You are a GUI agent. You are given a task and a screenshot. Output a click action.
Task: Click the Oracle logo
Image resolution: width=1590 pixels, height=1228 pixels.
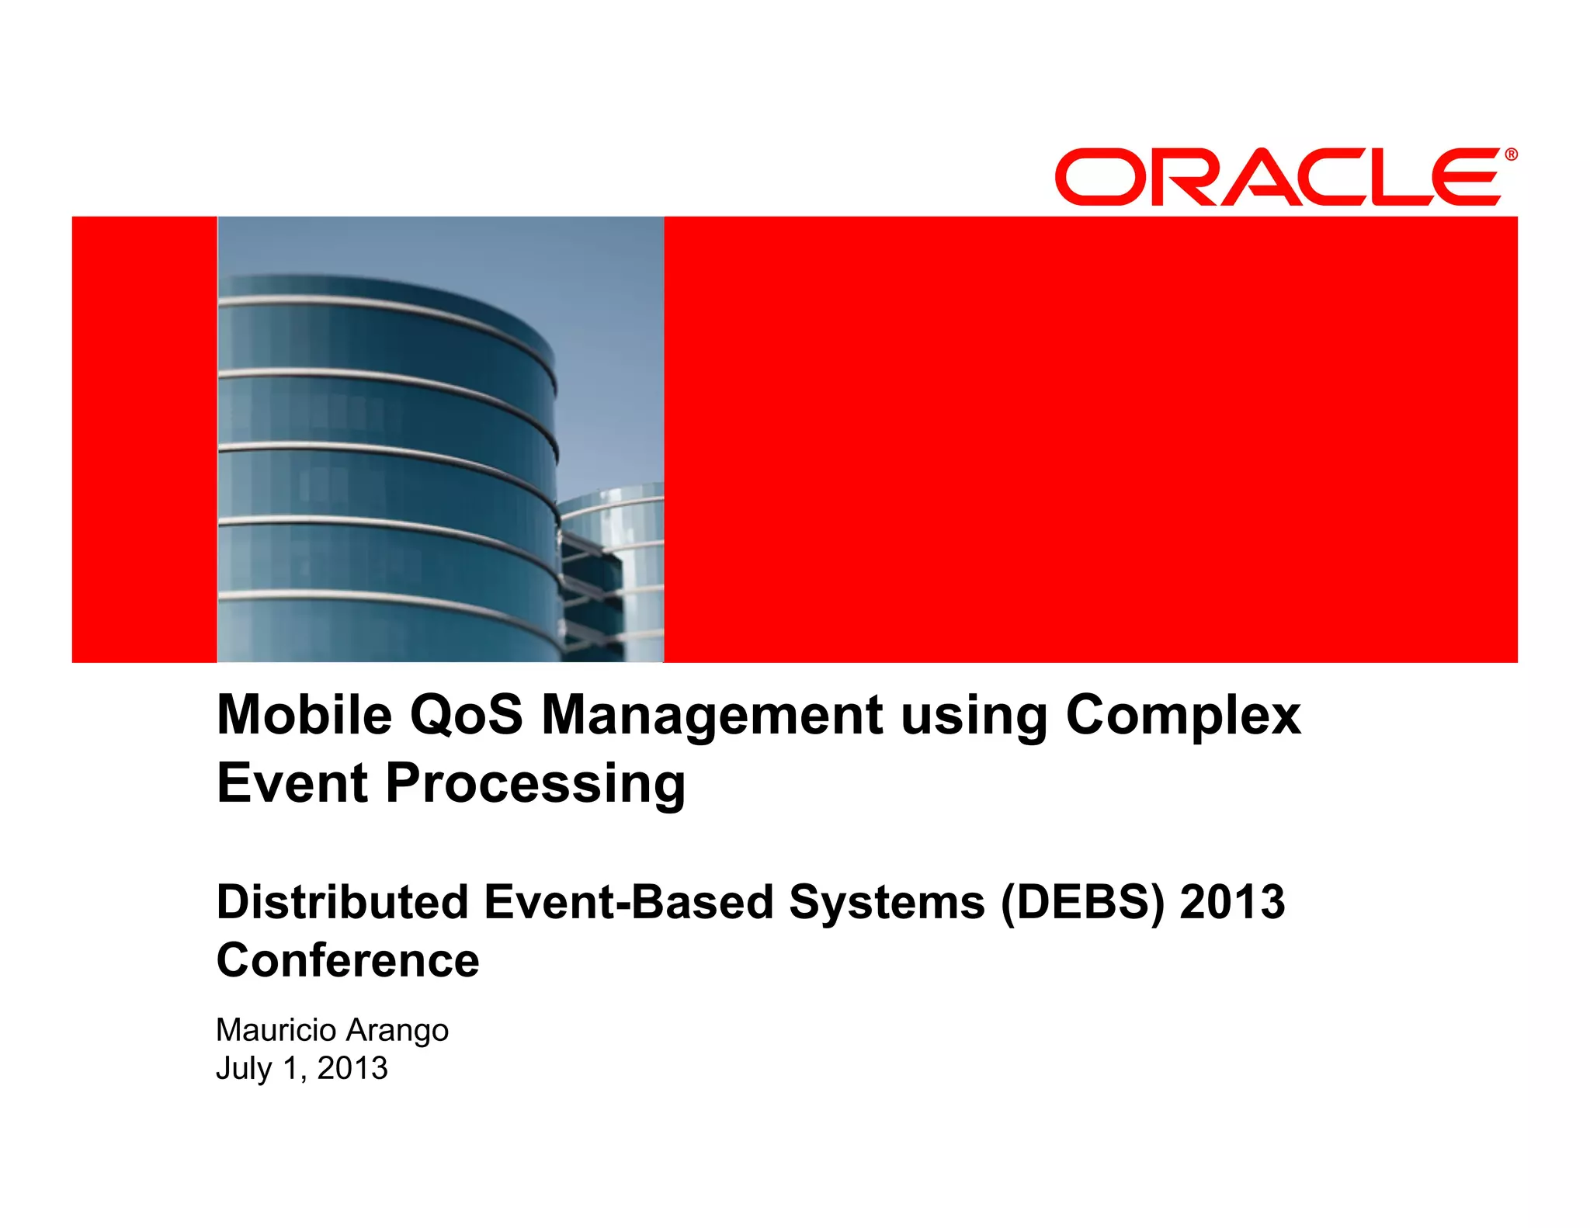coord(1277,176)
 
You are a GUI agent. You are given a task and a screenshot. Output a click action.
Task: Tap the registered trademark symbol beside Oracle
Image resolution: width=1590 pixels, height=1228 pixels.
coord(1511,154)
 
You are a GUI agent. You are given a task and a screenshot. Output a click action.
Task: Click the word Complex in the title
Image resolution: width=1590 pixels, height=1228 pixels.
coord(1183,716)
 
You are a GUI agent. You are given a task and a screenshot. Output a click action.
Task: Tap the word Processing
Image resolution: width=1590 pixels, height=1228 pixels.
coord(535,784)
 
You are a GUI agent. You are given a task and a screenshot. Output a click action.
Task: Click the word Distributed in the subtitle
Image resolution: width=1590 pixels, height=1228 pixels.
coord(342,902)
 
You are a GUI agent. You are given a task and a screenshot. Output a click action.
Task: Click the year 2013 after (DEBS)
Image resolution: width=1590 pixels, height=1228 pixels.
coord(1232,902)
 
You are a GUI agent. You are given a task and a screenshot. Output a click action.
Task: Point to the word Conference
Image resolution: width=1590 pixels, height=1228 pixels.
coord(348,960)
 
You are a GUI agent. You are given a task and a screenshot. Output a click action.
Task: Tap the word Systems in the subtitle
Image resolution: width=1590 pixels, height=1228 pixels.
coord(887,903)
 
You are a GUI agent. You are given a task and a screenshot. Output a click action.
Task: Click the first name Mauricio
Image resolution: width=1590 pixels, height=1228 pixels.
coord(276,1030)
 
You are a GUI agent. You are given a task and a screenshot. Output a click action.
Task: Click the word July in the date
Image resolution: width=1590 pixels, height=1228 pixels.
coord(244,1069)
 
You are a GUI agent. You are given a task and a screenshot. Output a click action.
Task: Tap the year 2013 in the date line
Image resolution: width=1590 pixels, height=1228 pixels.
coord(352,1068)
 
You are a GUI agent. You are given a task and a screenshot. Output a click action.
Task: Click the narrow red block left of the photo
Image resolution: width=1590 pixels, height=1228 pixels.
coord(144,439)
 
